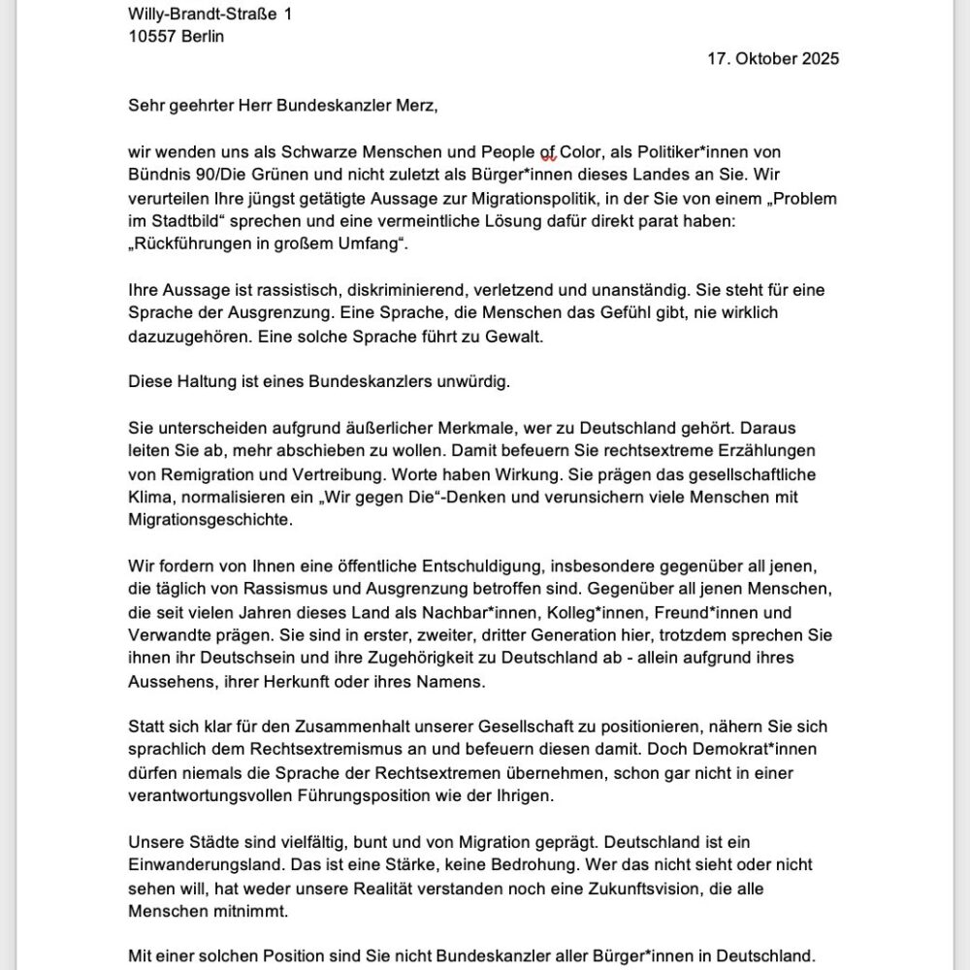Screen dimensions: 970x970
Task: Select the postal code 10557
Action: [152, 36]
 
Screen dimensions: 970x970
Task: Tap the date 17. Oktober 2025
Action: [773, 58]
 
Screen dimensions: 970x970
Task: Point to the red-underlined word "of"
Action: [548, 152]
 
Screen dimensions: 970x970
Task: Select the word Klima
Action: [149, 498]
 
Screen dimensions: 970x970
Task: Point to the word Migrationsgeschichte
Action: [208, 521]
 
